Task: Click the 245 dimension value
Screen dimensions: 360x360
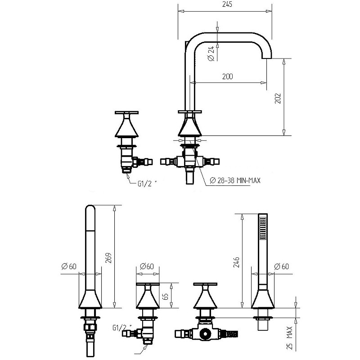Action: (227, 4)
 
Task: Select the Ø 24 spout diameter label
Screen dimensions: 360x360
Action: (211, 53)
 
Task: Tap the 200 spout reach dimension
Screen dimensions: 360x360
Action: (227, 76)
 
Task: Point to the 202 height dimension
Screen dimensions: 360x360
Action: (278, 98)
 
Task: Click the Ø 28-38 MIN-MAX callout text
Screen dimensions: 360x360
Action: (235, 180)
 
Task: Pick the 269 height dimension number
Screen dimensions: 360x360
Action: (108, 258)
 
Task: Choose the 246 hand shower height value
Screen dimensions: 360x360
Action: (236, 262)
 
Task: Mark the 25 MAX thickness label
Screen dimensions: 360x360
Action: (290, 338)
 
